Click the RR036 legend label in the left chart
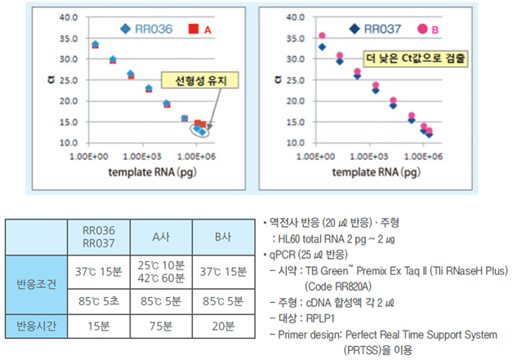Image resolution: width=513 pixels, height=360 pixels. (153, 29)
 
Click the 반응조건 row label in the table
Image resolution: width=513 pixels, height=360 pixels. (36, 286)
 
